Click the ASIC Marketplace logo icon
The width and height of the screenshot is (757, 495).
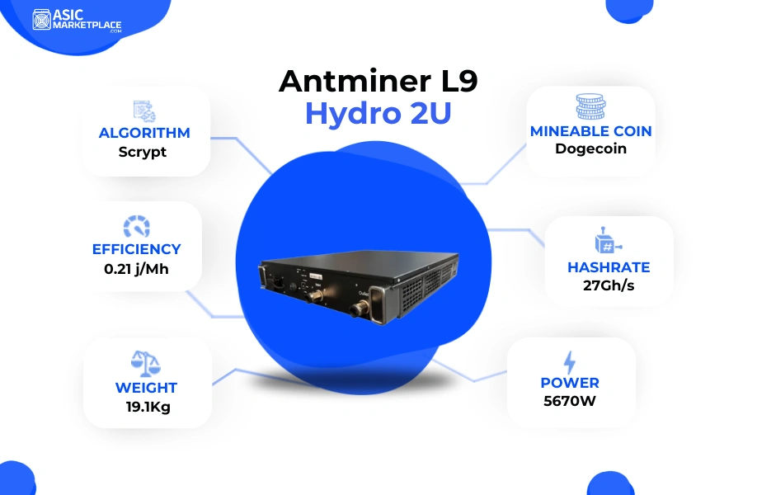pyautogui.click(x=41, y=19)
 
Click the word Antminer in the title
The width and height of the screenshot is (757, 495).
pyautogui.click(x=355, y=81)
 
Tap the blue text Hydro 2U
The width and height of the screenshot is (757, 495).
pyautogui.click(x=378, y=114)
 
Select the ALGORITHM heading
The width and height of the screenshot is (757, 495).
pyautogui.click(x=144, y=133)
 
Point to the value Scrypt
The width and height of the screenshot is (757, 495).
pyautogui.click(x=143, y=152)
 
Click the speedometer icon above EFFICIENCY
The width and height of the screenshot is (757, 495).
pyautogui.click(x=137, y=227)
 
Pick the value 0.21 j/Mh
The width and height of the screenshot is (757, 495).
pyautogui.click(x=137, y=269)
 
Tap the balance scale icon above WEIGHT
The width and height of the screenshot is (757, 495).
pyautogui.click(x=146, y=364)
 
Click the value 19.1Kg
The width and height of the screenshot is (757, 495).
pyautogui.click(x=148, y=407)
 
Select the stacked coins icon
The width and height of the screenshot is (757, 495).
pyautogui.click(x=590, y=106)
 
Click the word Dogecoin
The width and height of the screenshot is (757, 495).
pyautogui.click(x=591, y=148)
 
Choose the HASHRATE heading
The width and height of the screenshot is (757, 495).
pyautogui.click(x=609, y=267)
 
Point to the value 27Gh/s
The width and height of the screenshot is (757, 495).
pyautogui.click(x=609, y=286)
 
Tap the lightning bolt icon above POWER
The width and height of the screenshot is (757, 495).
pyautogui.click(x=570, y=363)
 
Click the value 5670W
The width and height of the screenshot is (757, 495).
pyautogui.click(x=570, y=401)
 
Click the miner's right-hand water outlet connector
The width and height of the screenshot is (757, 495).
pyautogui.click(x=360, y=308)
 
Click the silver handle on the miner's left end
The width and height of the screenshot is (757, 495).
pyautogui.click(x=262, y=278)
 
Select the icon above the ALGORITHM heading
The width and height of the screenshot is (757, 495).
pyautogui.click(x=144, y=111)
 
